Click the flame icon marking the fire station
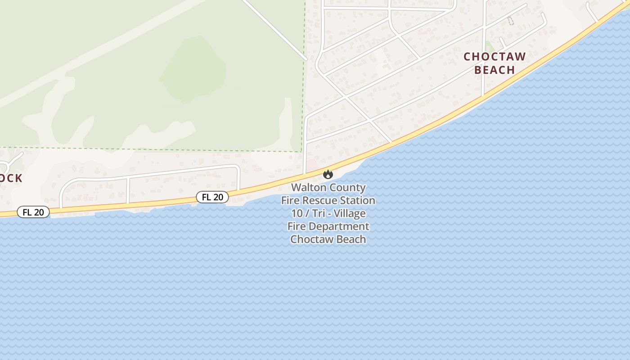(328, 174)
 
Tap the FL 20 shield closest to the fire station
(212, 197)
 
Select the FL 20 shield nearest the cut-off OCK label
(33, 212)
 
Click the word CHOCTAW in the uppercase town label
(495, 57)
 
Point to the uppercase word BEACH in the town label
(495, 70)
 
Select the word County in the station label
(348, 188)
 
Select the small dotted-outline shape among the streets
(510, 20)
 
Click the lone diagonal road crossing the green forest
(274, 29)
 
